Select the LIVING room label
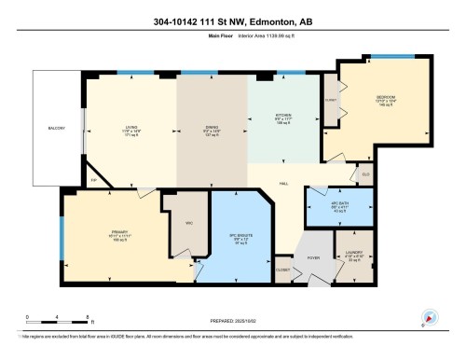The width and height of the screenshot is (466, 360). pyautogui.click(x=131, y=129)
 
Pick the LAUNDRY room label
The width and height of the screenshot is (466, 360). pyautogui.click(x=352, y=253)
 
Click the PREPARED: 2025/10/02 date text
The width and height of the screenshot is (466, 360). pyautogui.click(x=232, y=316)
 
